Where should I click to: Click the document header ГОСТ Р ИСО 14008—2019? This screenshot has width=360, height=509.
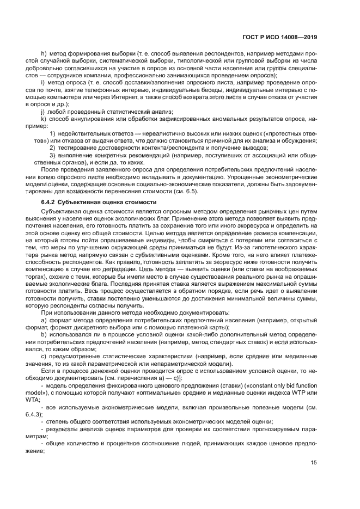click(280, 39)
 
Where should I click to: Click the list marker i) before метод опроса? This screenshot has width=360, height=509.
click(43, 82)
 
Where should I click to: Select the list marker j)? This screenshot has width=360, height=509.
click(43, 111)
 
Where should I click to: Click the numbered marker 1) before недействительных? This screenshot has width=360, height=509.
click(53, 133)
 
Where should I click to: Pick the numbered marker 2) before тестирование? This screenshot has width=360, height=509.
click(53, 148)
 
